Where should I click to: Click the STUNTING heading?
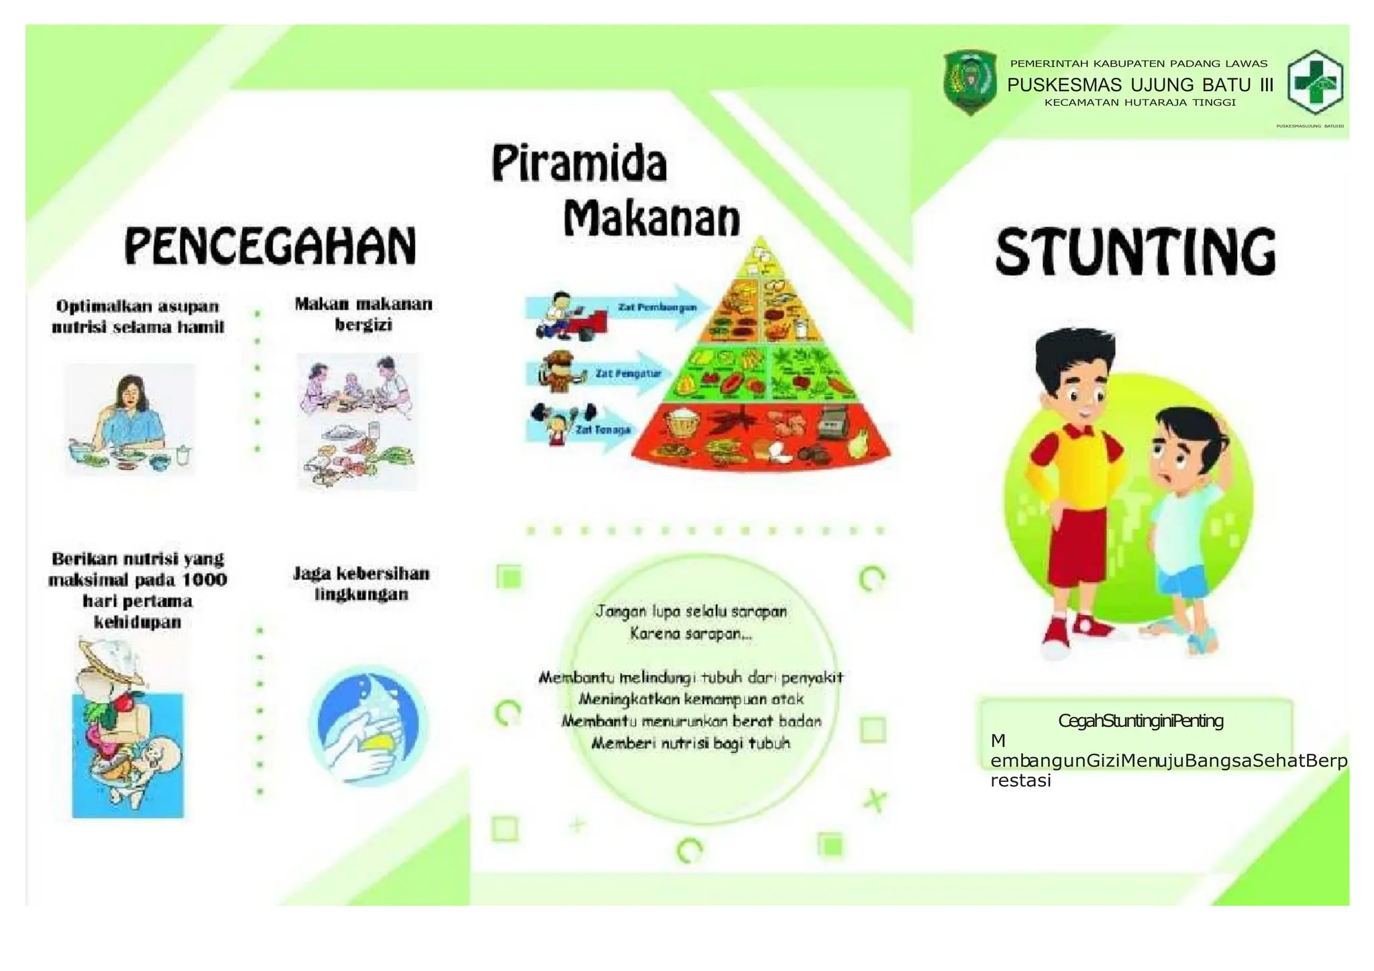1135,251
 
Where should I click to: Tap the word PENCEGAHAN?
270,245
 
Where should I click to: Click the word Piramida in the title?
580,164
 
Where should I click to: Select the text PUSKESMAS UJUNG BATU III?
1140,85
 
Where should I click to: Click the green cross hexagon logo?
1314,82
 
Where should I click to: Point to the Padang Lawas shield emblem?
969,82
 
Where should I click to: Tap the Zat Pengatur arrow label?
628,374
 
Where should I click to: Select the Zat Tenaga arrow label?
602,430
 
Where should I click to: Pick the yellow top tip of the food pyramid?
760,258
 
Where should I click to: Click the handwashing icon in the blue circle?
368,726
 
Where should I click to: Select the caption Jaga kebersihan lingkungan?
361,583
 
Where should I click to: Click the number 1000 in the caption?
205,579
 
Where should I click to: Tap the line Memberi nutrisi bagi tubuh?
690,743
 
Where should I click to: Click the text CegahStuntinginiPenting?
1141,721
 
